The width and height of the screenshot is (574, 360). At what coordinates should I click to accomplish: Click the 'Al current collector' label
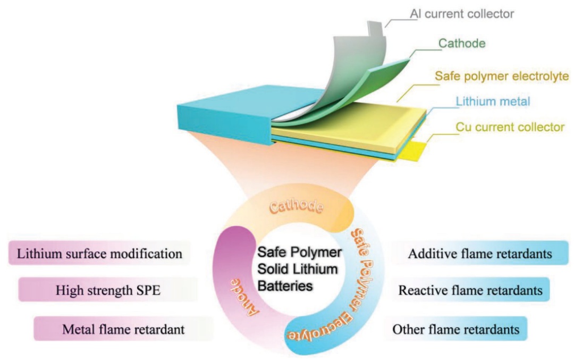coord(462,14)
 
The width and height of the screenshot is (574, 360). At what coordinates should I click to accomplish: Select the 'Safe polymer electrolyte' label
coord(502,77)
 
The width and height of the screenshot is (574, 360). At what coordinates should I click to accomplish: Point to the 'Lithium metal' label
coord(484,101)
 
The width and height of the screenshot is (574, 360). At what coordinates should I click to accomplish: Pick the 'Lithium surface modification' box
coord(99,254)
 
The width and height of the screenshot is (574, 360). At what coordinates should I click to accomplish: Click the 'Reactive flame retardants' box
coord(470,290)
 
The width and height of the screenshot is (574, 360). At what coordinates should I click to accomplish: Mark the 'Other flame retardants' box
coord(455,329)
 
